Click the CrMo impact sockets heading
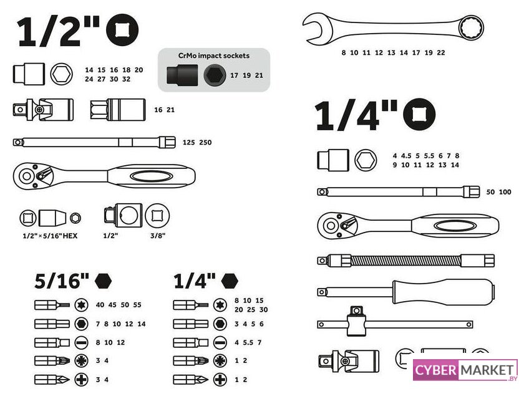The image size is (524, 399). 214,55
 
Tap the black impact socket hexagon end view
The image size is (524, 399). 215,75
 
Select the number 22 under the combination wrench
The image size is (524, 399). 441,52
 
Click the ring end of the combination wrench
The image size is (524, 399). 471,27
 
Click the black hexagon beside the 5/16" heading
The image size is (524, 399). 103,281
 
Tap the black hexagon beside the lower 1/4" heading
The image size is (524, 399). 230,281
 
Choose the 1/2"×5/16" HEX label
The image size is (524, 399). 50,236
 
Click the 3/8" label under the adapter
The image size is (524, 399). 158,236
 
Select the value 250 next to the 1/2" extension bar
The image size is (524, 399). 205,142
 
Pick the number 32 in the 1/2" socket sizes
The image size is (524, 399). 126,79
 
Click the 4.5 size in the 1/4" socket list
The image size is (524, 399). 406,156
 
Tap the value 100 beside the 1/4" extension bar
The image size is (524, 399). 505,192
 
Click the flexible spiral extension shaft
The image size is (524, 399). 406,261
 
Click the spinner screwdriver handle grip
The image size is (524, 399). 444,292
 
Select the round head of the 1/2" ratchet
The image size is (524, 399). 27,176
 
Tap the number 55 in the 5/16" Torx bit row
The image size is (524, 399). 137,305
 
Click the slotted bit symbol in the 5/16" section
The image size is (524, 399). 81,342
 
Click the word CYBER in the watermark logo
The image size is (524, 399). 436,370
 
